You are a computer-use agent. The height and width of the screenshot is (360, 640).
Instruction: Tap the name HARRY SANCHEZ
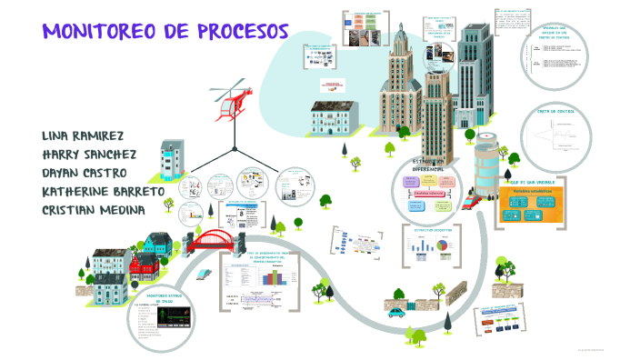click(x=89, y=154)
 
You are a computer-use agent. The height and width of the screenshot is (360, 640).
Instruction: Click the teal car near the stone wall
click(x=396, y=312)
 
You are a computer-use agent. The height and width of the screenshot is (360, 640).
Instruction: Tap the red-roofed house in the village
click(x=144, y=263)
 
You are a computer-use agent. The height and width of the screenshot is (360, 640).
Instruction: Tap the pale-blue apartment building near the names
click(x=172, y=163)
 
